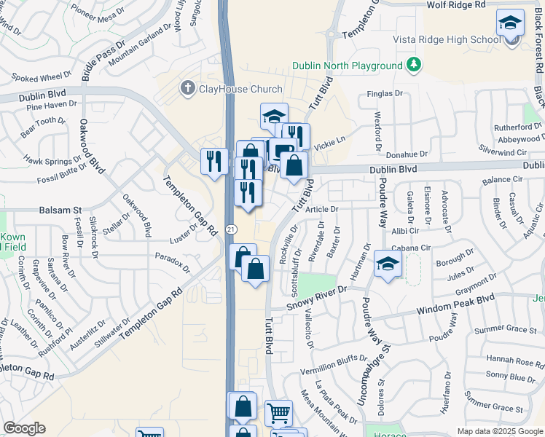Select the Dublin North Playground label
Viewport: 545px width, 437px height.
(348, 66)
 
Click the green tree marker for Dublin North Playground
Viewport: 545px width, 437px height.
(414, 65)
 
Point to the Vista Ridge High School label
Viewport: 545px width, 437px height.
(446, 39)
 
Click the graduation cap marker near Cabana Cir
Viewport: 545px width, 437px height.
(388, 264)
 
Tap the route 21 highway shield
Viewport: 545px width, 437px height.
(230, 229)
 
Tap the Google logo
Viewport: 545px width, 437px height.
(24, 428)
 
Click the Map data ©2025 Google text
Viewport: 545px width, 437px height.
(499, 430)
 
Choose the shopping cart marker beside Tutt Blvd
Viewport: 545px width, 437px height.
(278, 413)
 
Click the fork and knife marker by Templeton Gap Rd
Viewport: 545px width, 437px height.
(213, 161)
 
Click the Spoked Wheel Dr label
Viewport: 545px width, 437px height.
(42, 76)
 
